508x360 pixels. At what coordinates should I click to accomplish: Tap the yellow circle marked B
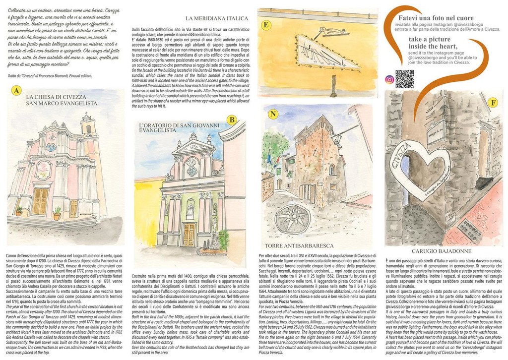click(x=231, y=120)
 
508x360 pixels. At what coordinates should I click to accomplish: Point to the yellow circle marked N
click(x=272, y=114)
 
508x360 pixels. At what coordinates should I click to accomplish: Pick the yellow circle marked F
click(x=492, y=103)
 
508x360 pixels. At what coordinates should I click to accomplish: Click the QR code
click(x=404, y=79)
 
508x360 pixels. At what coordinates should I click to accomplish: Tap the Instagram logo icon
click(x=389, y=79)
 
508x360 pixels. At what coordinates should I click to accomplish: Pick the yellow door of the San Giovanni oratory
click(x=189, y=234)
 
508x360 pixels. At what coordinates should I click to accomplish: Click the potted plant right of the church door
click(x=57, y=213)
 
